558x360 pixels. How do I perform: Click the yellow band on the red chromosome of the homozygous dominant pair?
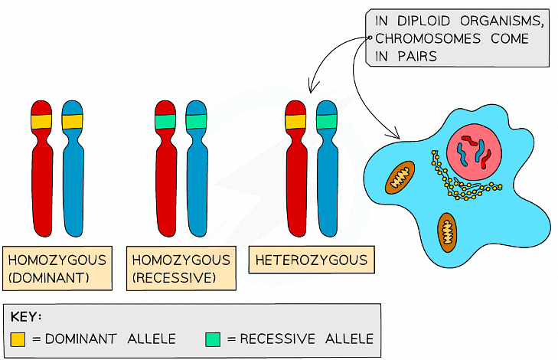pos(41,121)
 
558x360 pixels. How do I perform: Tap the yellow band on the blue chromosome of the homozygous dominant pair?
pos(73,121)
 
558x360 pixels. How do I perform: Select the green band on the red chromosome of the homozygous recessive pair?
pos(165,121)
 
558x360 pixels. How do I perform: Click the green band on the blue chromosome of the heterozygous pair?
pos(326,121)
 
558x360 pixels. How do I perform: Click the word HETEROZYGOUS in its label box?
pos(312,260)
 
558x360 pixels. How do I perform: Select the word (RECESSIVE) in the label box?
pos(175,277)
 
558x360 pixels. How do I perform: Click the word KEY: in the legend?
pos(28,317)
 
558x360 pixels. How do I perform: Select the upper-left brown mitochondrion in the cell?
pos(399,177)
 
